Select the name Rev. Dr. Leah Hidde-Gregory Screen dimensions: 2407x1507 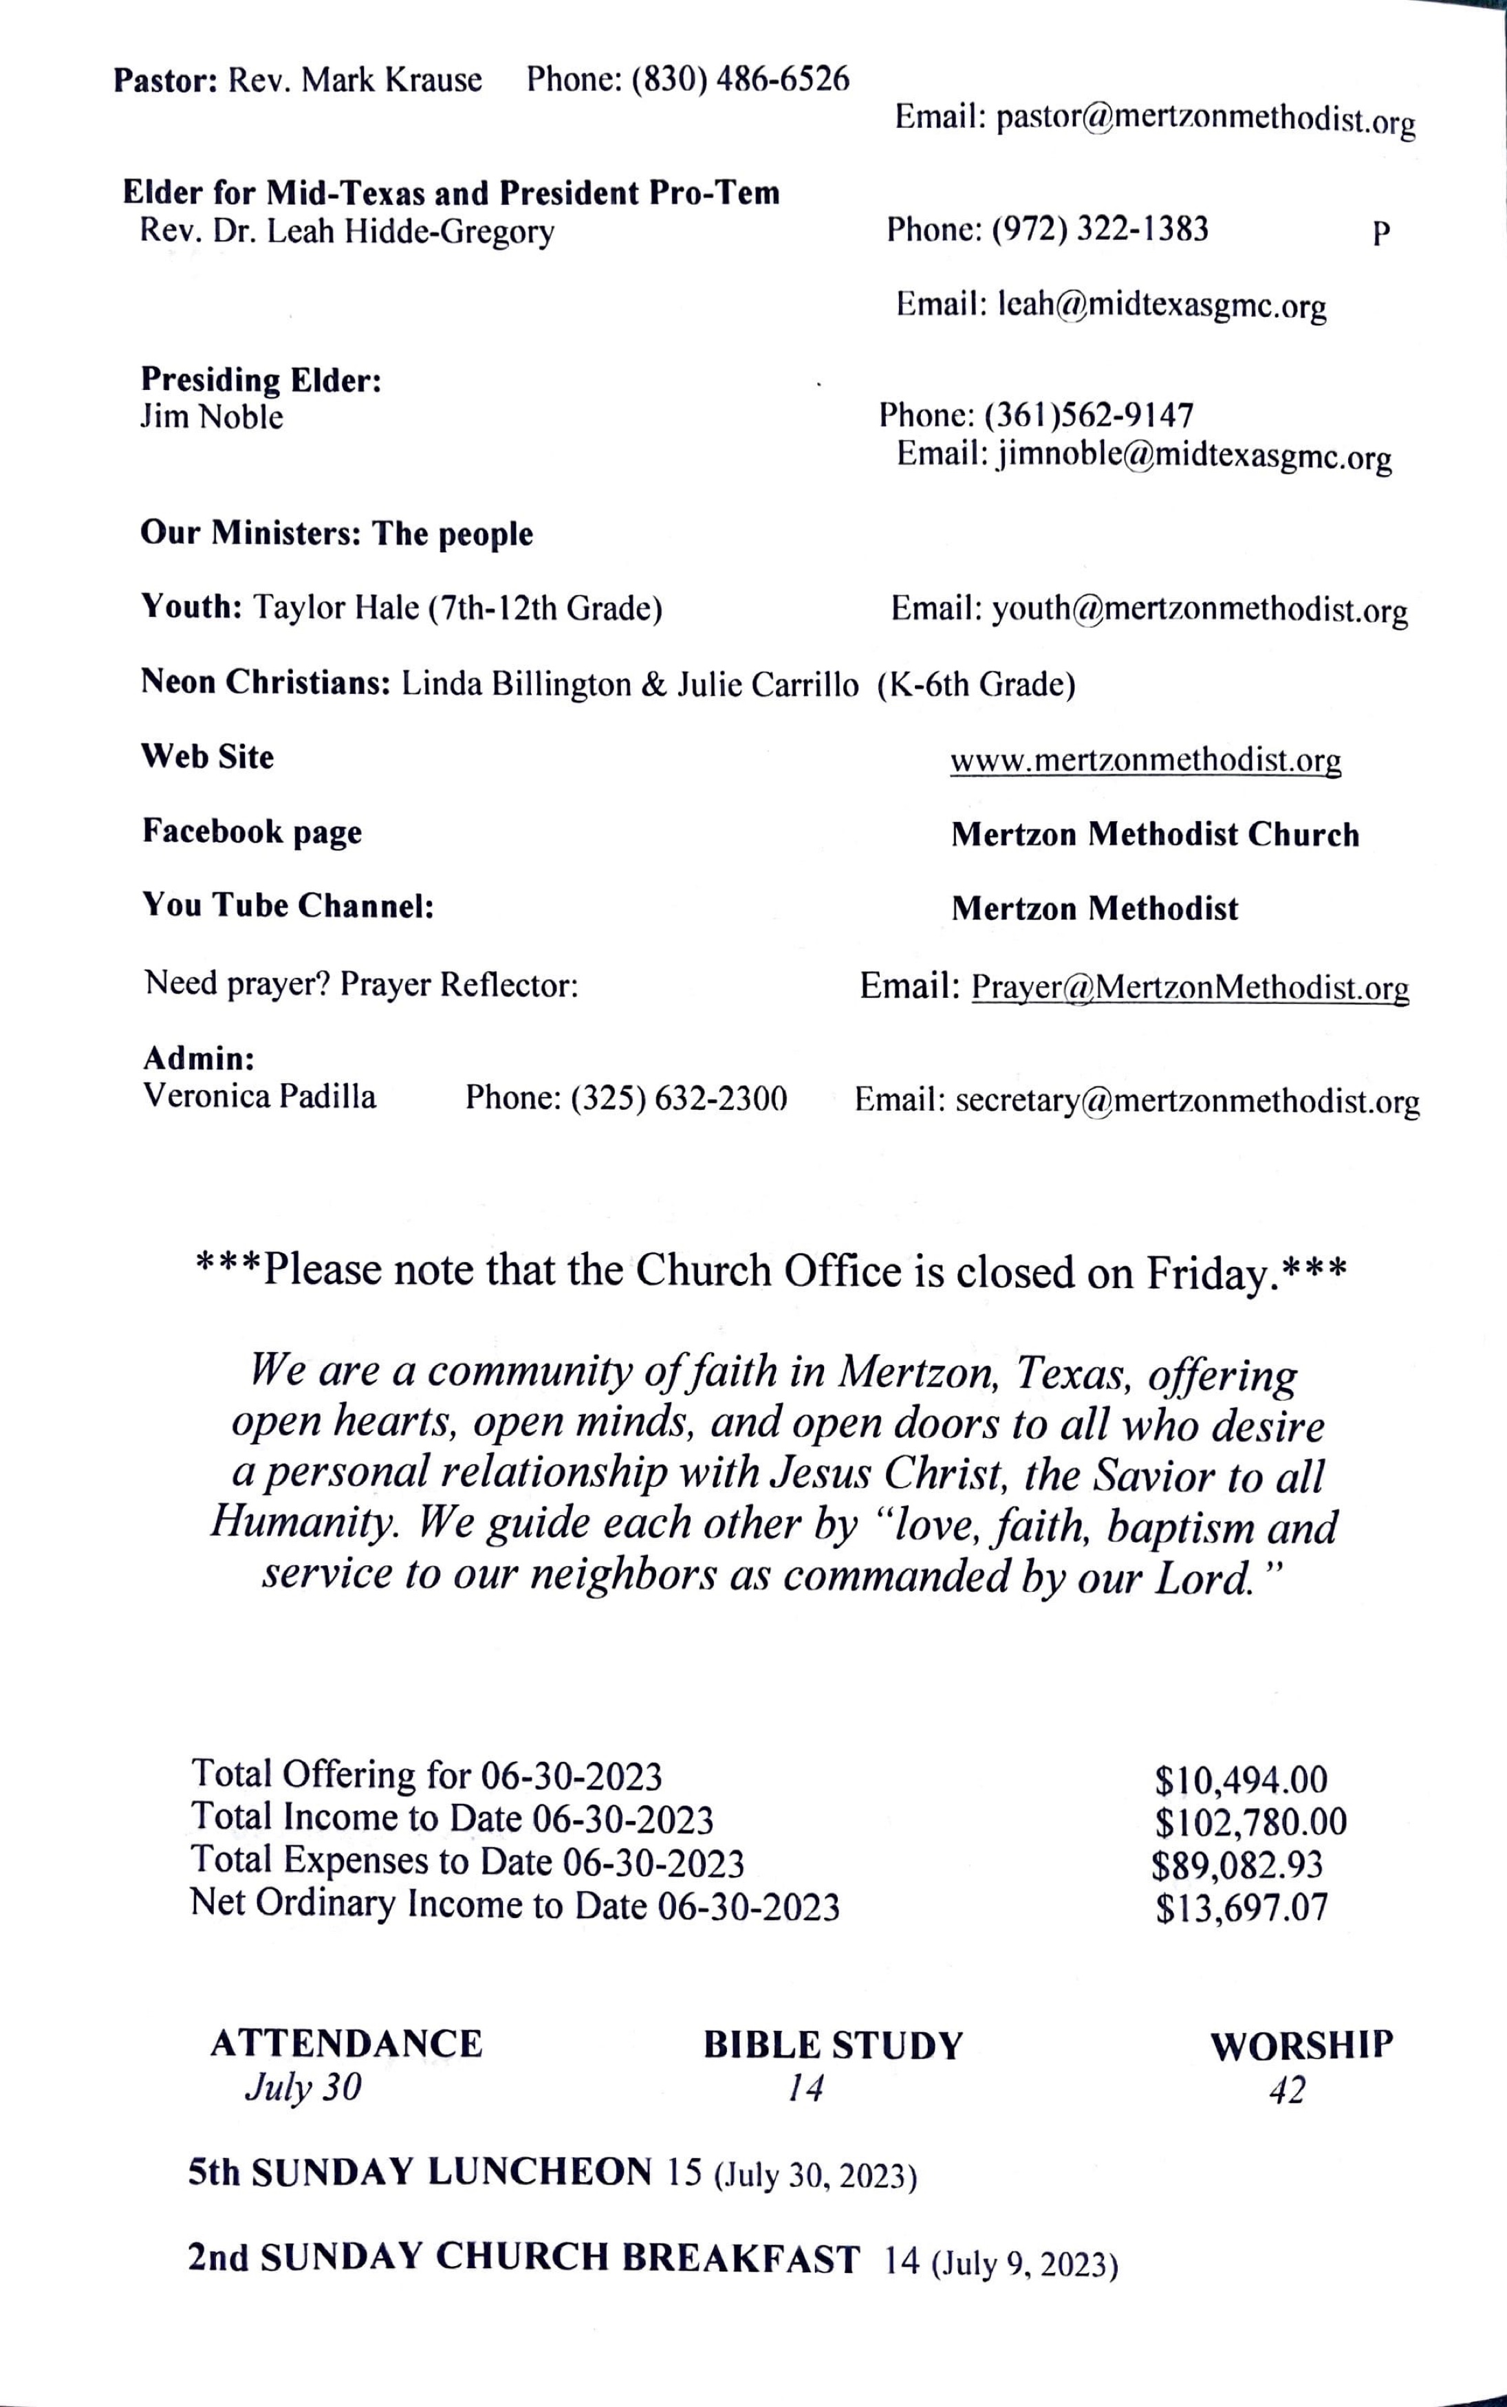[346, 232]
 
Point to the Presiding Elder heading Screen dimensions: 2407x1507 [261, 380]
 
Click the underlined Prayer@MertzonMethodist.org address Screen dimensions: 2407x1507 [1190, 988]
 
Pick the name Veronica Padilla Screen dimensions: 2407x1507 [259, 1096]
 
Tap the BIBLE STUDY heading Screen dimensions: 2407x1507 [833, 2045]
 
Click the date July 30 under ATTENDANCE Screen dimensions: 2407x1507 [303, 2087]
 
